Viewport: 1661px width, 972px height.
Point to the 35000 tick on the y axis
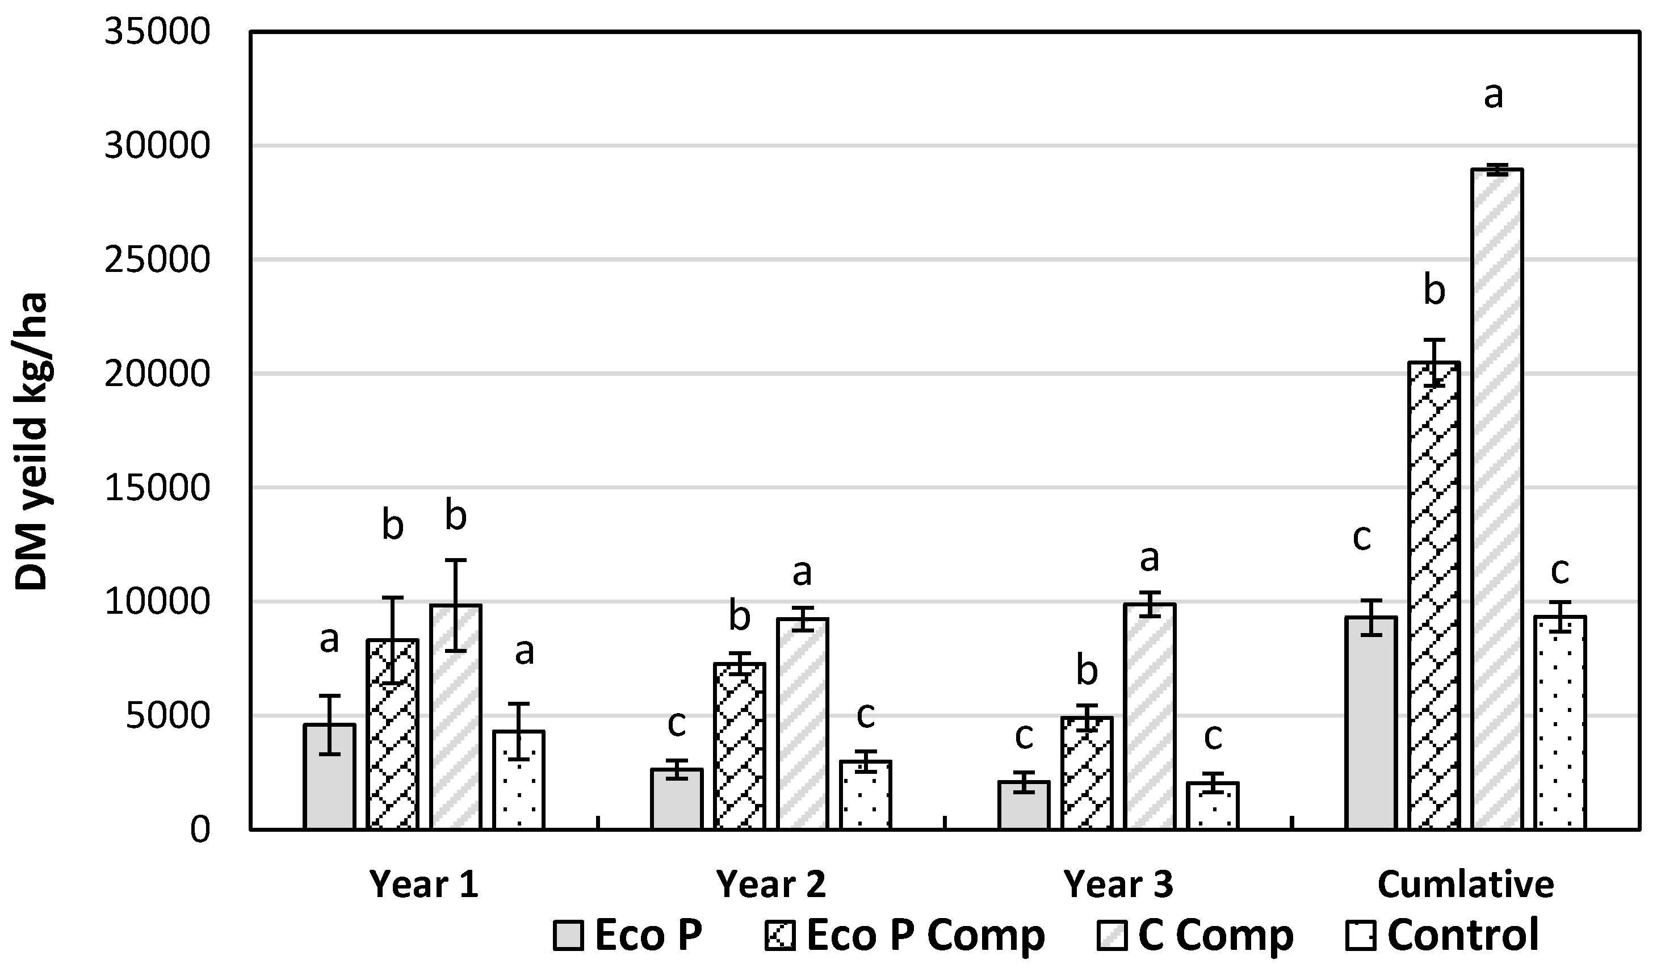[157, 32]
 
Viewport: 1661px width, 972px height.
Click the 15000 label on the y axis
[157, 488]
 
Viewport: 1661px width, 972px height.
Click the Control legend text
[1463, 935]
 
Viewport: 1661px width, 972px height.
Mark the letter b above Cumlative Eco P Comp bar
[1435, 291]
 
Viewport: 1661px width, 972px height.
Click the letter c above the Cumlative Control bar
[1559, 571]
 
